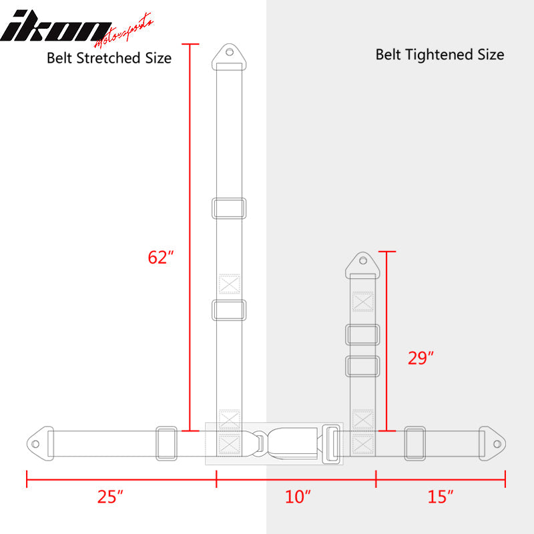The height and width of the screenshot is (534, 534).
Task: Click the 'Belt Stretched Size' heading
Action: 109,58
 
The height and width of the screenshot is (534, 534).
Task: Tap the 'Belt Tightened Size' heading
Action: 440,55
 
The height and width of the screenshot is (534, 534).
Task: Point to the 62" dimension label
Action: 161,257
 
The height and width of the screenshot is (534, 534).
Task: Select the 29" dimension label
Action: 421,358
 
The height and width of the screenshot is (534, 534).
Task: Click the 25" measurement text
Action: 110,497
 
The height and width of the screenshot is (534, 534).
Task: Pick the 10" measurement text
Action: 298,497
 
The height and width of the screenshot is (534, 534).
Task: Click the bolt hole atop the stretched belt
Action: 229,52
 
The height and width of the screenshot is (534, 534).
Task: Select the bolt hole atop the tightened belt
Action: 363,260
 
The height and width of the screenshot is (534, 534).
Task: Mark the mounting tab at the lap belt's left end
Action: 37,442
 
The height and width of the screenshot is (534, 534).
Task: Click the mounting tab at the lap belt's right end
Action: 495,442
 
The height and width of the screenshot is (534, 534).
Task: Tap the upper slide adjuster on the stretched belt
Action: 229,208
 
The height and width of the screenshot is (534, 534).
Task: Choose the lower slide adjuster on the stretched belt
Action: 229,310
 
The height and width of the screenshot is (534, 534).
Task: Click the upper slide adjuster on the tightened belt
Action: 363,334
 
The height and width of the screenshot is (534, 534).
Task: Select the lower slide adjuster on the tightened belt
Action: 363,366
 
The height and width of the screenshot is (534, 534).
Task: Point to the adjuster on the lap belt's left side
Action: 166,443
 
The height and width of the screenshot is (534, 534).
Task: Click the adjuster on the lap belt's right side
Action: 415,443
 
